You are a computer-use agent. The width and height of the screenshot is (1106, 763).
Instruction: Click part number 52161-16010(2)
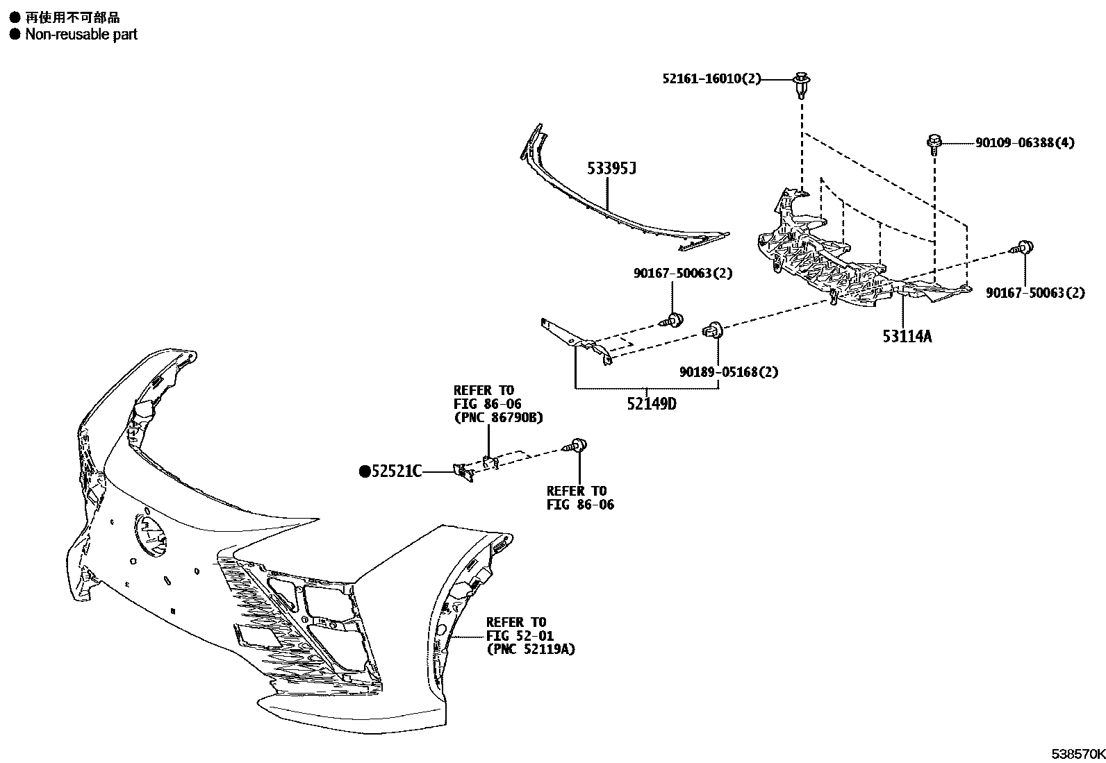tap(711, 79)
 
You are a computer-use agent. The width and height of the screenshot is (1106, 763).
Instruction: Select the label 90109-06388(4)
tap(1025, 143)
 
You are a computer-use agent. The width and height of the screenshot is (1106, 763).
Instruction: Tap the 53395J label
tap(611, 169)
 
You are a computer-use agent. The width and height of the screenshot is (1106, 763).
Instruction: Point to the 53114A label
tap(907, 337)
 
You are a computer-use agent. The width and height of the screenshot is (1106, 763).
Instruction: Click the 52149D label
tap(651, 403)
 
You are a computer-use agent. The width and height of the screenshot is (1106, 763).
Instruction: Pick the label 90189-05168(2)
tap(729, 372)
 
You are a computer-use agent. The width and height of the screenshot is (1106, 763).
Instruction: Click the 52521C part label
tap(397, 471)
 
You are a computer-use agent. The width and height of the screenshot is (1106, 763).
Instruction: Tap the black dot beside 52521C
tap(364, 471)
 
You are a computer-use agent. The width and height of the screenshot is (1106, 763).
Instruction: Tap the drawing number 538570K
tap(1077, 753)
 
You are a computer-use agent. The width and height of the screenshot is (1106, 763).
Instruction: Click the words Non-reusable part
tap(81, 34)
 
